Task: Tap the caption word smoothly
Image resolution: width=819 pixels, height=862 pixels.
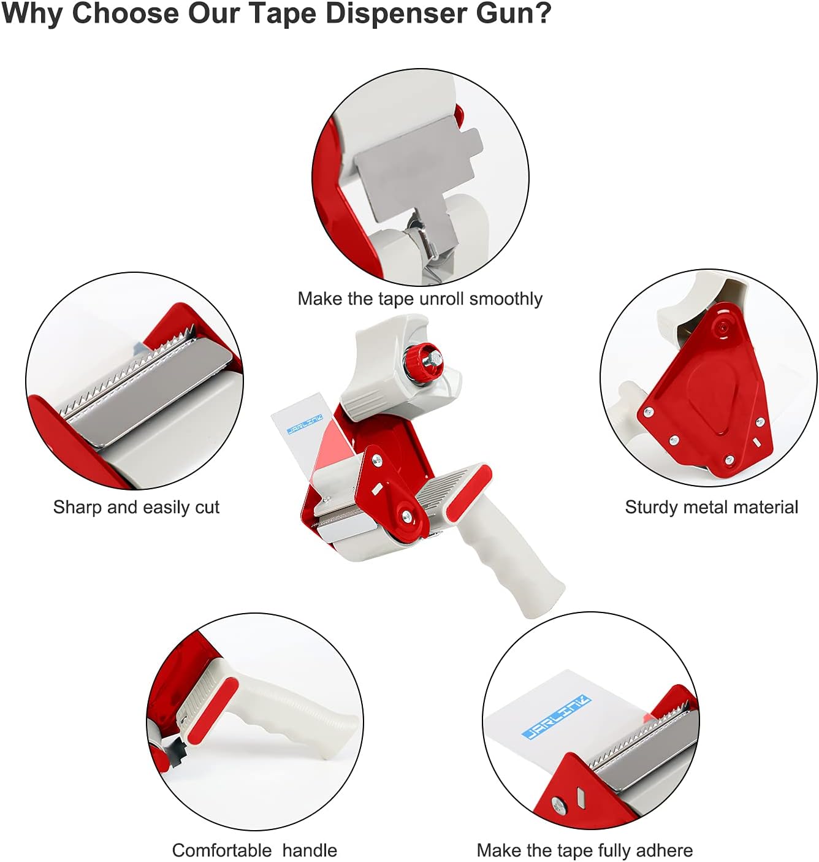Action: click(x=506, y=299)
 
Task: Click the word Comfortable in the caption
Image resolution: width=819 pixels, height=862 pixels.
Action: click(x=221, y=850)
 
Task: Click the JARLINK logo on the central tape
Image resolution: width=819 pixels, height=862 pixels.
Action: click(x=305, y=424)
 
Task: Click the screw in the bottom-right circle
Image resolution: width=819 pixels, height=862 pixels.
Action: click(x=558, y=805)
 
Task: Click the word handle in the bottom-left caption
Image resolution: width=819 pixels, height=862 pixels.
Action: click(x=310, y=850)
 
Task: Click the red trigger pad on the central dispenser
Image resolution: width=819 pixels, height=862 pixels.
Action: click(x=468, y=493)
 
